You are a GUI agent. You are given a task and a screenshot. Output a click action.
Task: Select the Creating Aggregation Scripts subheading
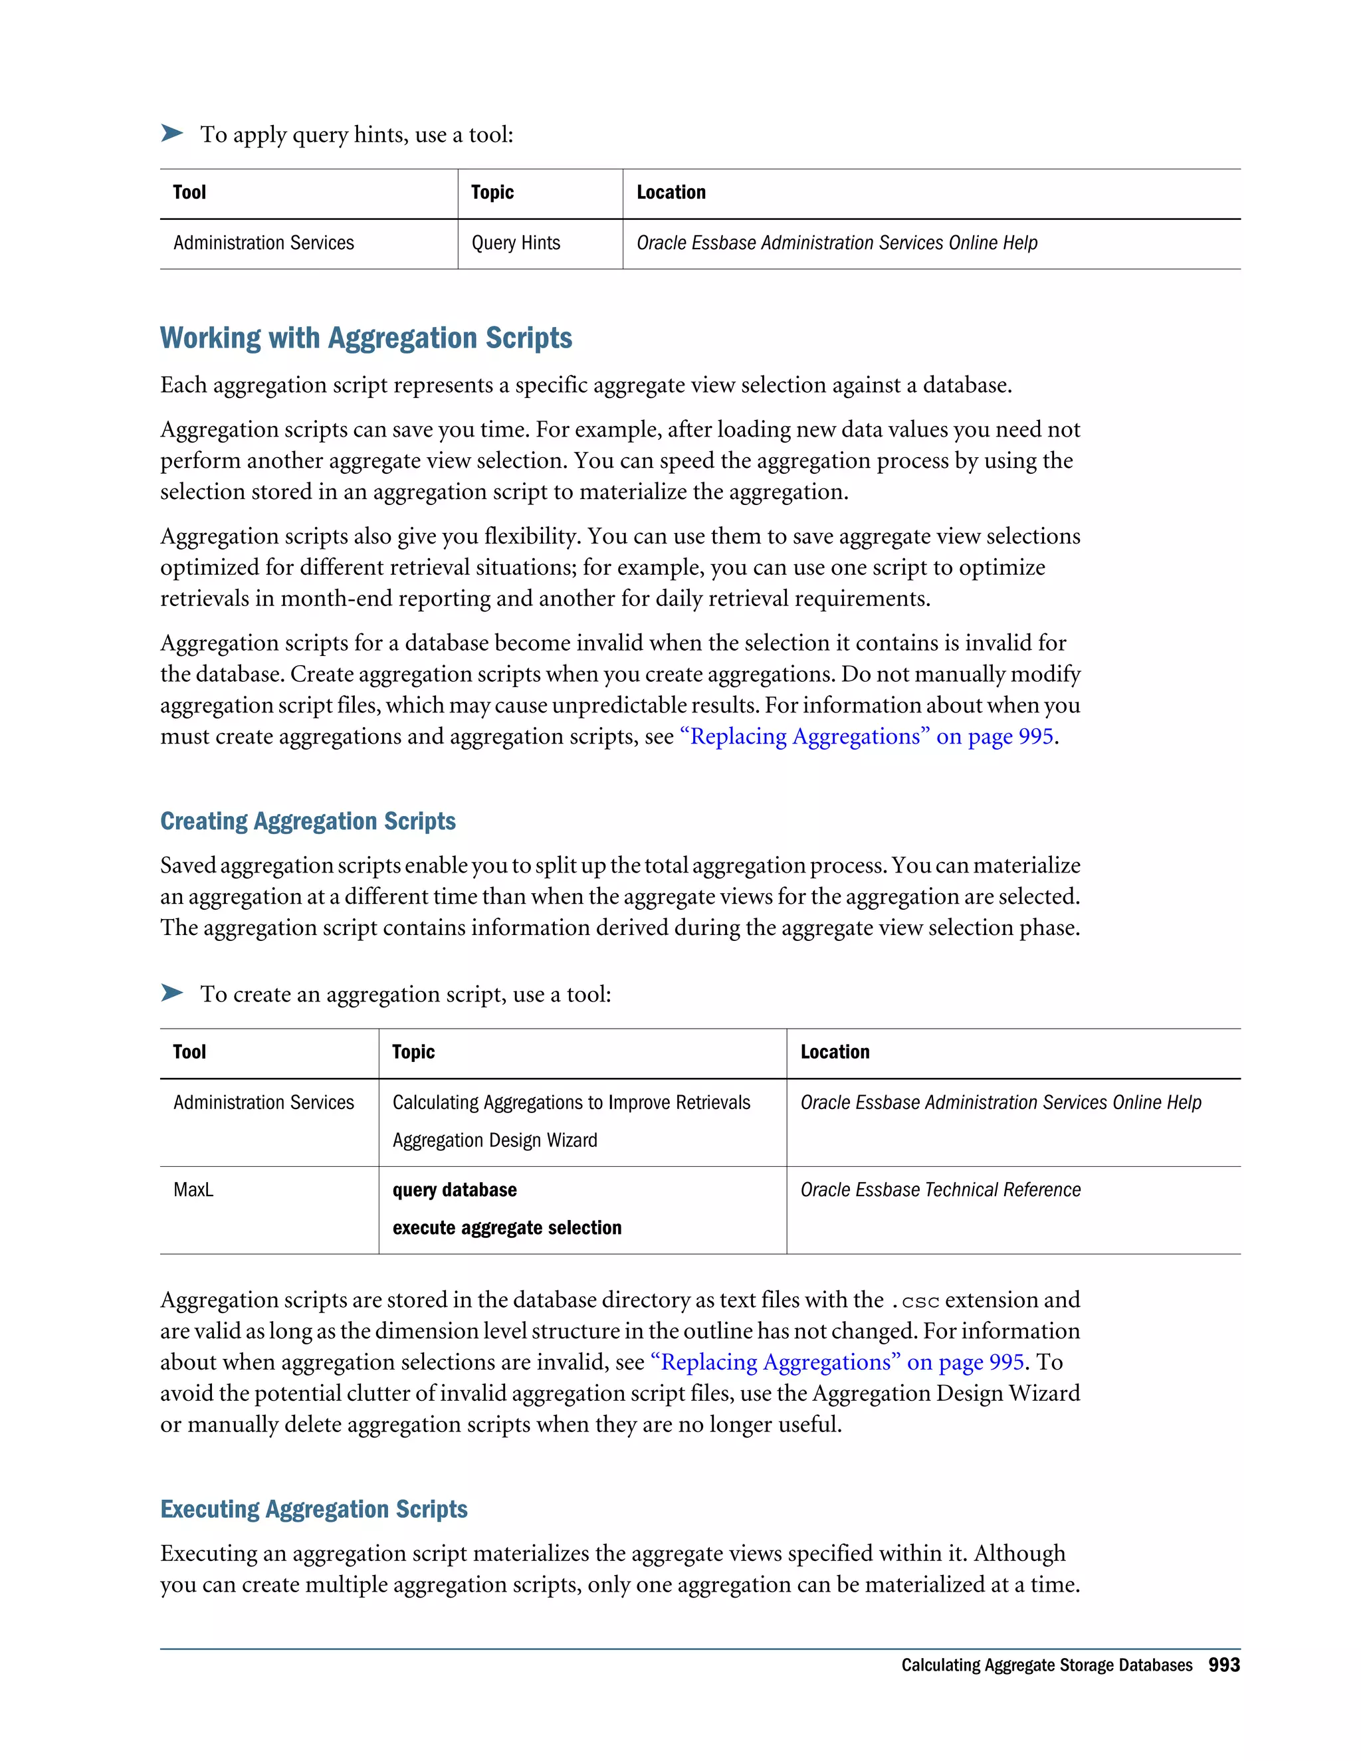point(307,821)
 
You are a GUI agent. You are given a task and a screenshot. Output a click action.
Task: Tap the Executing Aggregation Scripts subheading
point(314,1508)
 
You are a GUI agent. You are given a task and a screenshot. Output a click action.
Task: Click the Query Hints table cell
point(515,243)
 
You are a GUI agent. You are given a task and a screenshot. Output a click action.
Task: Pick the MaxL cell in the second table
point(193,1190)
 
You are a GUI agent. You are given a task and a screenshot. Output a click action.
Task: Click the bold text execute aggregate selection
point(506,1227)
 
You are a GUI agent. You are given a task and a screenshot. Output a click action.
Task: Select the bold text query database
point(454,1190)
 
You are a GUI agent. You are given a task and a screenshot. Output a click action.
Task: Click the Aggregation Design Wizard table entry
point(494,1140)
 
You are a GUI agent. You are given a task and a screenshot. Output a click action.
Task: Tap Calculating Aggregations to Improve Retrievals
point(571,1102)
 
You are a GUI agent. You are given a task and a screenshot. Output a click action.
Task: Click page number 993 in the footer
point(1223,1665)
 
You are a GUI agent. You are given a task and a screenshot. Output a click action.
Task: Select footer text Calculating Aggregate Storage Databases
point(1046,1665)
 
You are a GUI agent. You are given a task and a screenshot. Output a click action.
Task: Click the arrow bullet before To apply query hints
point(171,133)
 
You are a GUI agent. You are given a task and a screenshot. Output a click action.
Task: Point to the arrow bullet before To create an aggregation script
point(171,993)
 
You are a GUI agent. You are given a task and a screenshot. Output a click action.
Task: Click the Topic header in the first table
point(492,192)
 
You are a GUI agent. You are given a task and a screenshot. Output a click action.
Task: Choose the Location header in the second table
point(835,1051)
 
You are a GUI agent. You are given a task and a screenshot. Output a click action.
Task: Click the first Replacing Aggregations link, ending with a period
point(867,736)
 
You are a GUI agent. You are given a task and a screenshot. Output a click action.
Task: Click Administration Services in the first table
point(263,243)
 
